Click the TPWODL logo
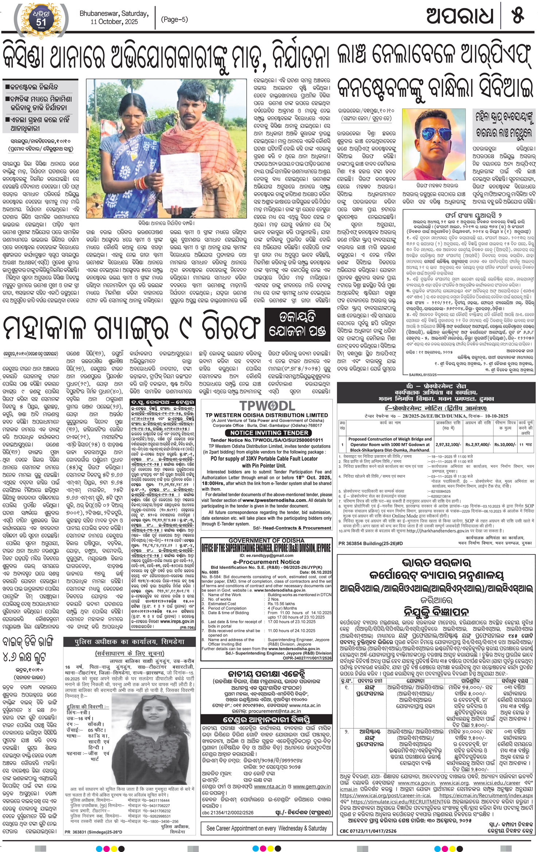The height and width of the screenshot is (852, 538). point(267,405)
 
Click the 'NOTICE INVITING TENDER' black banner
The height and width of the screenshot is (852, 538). point(267,433)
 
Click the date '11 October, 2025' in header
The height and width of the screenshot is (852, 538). point(114,22)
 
